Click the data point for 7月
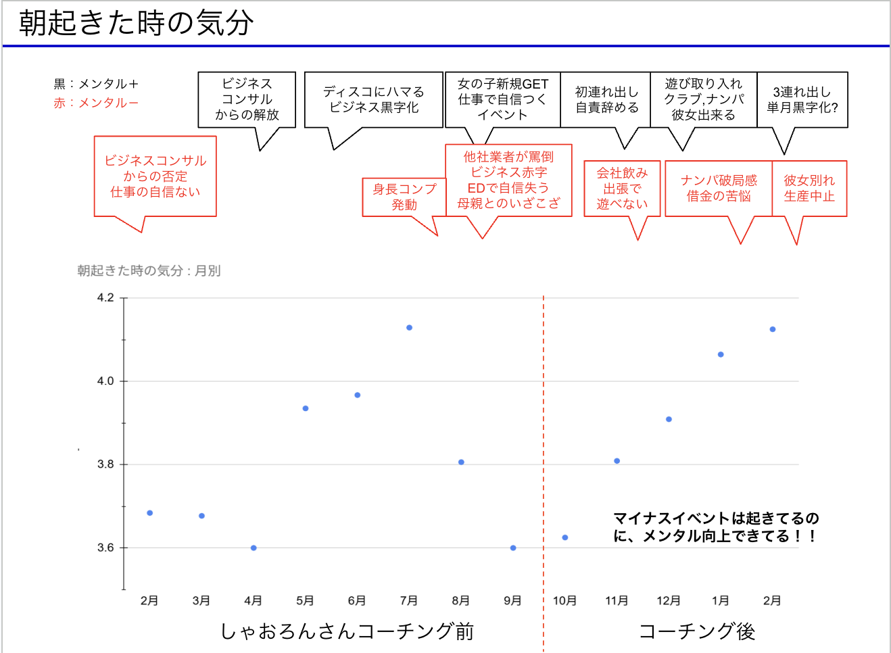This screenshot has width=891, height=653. point(409,328)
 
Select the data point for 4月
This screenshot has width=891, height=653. point(254,548)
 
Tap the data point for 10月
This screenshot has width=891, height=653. point(565,538)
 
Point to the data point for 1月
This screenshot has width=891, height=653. point(721,355)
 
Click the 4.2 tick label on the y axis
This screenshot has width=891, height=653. point(105,297)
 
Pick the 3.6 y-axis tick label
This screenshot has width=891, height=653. point(105,548)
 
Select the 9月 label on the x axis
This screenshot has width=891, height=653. point(513,600)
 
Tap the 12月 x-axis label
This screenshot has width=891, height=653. point(669,600)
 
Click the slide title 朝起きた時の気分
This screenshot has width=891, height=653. point(137,23)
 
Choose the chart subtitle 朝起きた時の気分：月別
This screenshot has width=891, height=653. point(149,270)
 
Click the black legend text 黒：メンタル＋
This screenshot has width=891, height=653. point(96,84)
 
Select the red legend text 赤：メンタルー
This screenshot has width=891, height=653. point(96,103)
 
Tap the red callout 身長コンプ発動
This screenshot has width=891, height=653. point(404,197)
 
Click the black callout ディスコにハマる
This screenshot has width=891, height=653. point(374,99)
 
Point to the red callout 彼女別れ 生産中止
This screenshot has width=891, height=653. point(809,188)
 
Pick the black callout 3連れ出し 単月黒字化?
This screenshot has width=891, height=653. point(802,99)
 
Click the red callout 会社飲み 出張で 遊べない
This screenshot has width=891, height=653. point(622,188)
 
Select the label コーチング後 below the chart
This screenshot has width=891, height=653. point(697,631)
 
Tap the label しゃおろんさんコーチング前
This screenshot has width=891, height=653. point(347,631)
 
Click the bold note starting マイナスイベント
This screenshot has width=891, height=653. point(716,527)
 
